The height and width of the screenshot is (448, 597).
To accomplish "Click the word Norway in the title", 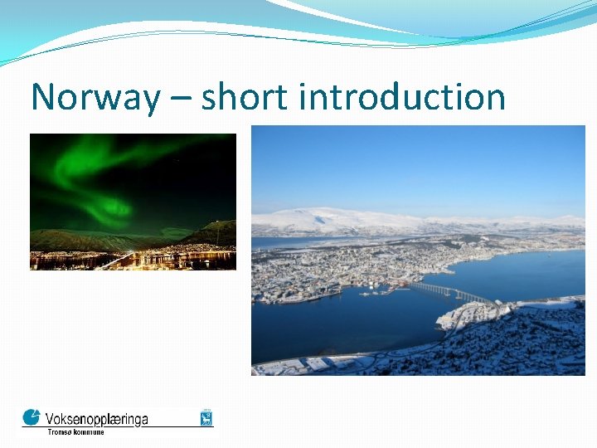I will coord(95,98).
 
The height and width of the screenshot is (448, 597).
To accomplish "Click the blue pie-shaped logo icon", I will coord(31,416).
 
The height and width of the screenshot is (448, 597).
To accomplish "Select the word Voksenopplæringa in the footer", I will coord(97,418).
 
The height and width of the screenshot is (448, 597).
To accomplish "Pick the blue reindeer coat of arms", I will coord(206,416).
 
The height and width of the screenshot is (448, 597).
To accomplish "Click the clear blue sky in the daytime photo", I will coord(415,166).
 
